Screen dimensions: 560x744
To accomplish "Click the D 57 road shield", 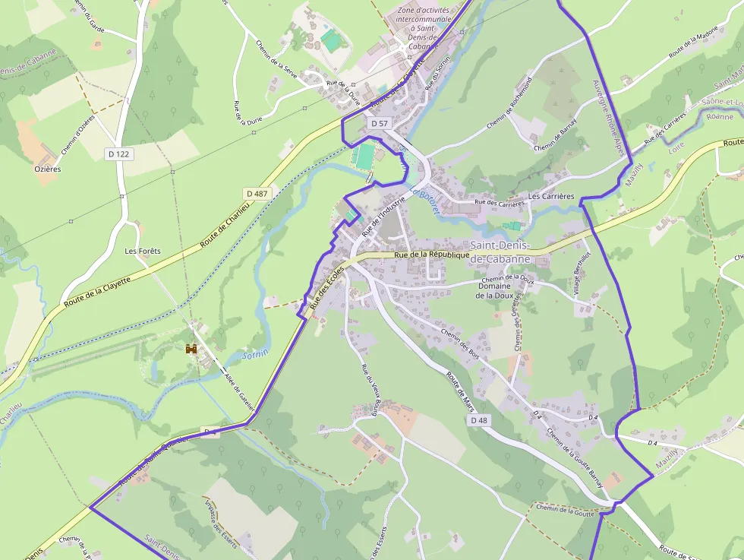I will [x=380, y=122].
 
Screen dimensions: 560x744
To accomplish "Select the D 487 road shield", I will [x=257, y=194].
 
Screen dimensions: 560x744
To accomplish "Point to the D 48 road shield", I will [x=479, y=420].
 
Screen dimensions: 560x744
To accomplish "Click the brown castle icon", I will [x=191, y=349].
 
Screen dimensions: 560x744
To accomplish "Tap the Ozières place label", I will [x=47, y=169].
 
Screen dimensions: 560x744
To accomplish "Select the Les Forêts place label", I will [x=143, y=251].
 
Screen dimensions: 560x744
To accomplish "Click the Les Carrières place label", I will [x=550, y=196].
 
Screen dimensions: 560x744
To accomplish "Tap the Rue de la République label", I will [x=431, y=255].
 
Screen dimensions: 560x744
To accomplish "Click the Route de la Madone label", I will [x=693, y=49].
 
